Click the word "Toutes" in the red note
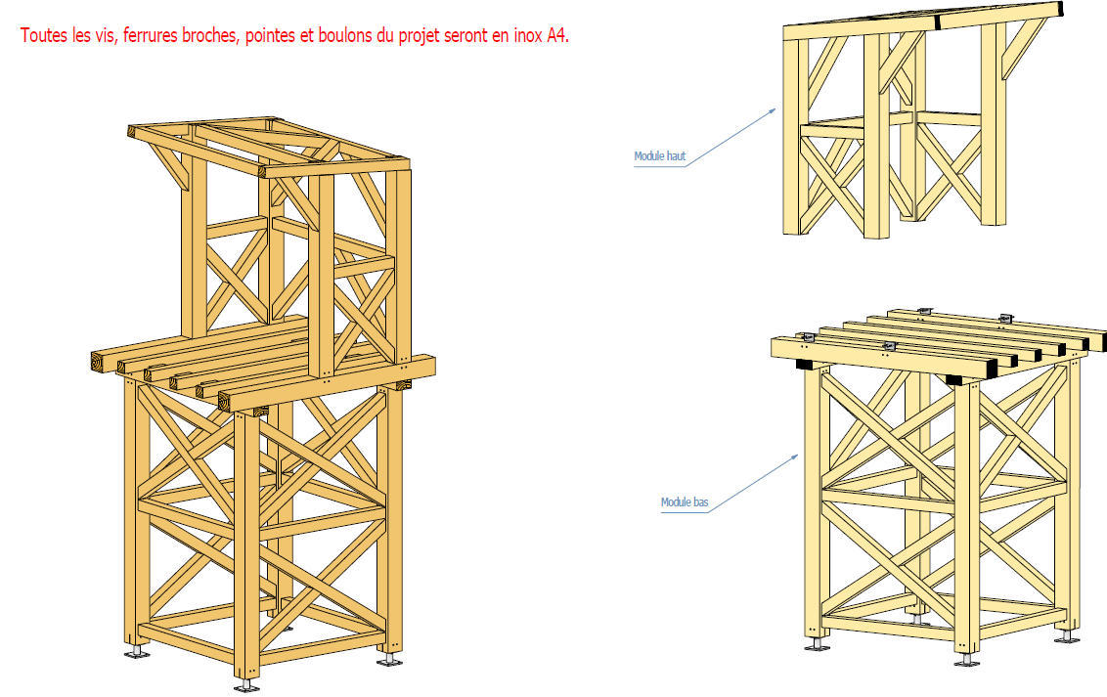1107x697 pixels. pyautogui.click(x=44, y=36)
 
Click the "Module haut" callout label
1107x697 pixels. pyautogui.click(x=659, y=156)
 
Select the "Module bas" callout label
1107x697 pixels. pyautogui.click(x=685, y=502)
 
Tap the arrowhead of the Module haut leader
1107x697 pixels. pyautogui.click(x=774, y=109)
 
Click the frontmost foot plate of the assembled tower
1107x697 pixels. pyautogui.click(x=248, y=685)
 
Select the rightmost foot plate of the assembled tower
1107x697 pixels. pyautogui.click(x=390, y=660)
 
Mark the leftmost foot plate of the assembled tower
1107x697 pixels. pyautogui.click(x=138, y=652)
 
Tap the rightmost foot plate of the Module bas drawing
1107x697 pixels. pyautogui.click(x=1068, y=638)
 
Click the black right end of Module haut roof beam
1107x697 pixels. pyautogui.click(x=1056, y=11)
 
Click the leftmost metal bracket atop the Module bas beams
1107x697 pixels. pyautogui.click(x=806, y=337)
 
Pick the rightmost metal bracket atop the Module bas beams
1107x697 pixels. pyautogui.click(x=1004, y=318)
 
